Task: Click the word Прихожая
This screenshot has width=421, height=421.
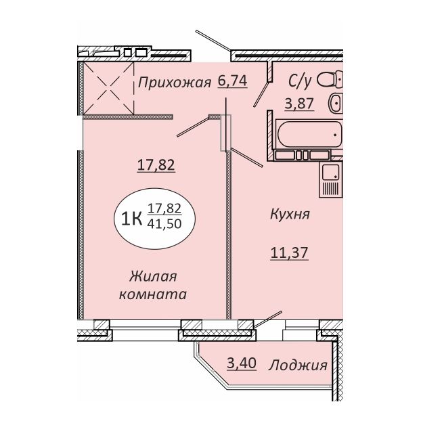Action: (175, 83)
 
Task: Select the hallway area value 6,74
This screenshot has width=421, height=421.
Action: (233, 81)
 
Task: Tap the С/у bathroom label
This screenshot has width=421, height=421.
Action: (300, 81)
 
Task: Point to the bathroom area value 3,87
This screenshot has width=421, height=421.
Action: (299, 103)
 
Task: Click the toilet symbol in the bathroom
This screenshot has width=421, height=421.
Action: (330, 79)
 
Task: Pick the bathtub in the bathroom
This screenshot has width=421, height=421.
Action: (310, 134)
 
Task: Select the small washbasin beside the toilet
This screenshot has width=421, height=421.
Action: (335, 103)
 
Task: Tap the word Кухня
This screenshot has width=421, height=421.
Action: (290, 215)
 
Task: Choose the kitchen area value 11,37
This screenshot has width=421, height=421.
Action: (290, 252)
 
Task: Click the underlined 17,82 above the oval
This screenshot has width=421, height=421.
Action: (156, 165)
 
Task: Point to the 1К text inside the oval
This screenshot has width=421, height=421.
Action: (131, 219)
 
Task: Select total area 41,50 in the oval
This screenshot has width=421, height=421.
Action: (164, 223)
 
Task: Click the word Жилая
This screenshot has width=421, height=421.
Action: (153, 277)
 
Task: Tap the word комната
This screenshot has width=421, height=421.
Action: (153, 294)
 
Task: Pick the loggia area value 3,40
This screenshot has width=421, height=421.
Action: (242, 363)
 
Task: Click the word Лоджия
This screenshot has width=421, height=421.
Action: (298, 365)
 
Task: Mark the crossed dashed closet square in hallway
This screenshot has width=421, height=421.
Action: (109, 89)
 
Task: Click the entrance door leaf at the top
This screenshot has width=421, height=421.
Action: (213, 41)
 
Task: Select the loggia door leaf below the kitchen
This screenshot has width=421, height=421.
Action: (267, 319)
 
